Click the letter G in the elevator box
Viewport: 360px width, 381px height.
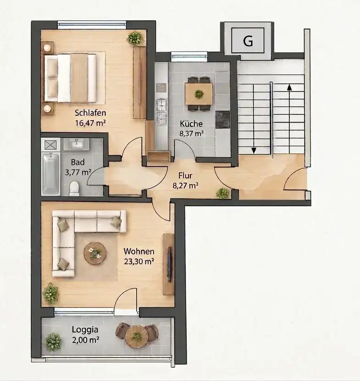click(248, 40)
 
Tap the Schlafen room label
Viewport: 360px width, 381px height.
click(90, 113)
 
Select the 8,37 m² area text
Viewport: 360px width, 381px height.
click(191, 134)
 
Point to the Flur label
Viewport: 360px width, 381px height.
click(185, 175)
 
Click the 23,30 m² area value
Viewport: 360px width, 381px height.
click(139, 261)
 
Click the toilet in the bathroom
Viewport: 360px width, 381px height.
click(74, 189)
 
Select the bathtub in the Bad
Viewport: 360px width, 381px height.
click(51, 174)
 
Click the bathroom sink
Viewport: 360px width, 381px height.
click(77, 144)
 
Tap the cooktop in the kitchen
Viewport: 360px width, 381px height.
click(222, 119)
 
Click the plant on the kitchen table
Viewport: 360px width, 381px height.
click(199, 94)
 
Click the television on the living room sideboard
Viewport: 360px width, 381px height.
click(169, 264)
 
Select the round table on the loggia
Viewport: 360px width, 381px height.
click(137, 336)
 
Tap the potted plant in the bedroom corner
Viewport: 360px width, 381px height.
click(134, 38)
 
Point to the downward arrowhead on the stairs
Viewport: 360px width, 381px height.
click(254, 151)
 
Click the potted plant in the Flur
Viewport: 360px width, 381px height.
click(222, 193)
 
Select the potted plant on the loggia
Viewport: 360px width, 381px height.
click(53, 342)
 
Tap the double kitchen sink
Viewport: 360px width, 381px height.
click(162, 112)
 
